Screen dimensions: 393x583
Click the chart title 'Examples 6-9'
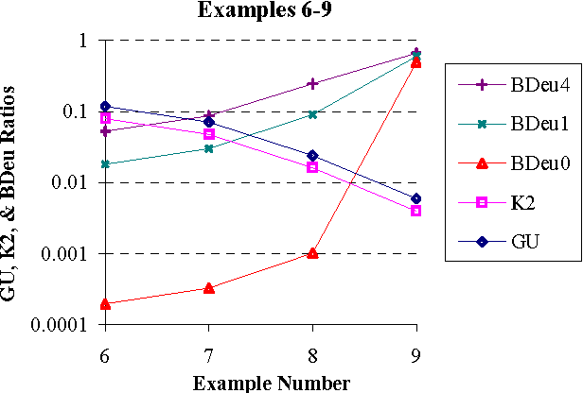click(x=259, y=11)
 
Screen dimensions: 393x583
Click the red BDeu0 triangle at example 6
click(x=105, y=303)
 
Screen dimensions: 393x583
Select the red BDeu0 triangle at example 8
click(x=312, y=253)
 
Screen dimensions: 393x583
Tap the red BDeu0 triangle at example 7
click(x=209, y=287)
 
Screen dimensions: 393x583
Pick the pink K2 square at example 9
click(x=416, y=211)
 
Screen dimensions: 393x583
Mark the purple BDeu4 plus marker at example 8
click(x=312, y=83)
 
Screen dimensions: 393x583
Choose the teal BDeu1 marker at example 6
click(x=105, y=164)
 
